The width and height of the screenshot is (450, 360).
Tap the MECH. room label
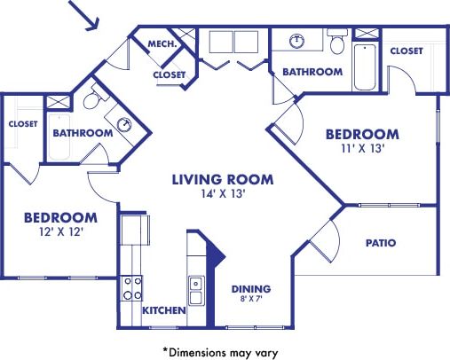coord(161,43)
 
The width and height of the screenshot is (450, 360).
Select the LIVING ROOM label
coord(222,179)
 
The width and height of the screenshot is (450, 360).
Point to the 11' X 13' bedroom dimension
coord(361,150)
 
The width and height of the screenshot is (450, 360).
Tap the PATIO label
coord(380,242)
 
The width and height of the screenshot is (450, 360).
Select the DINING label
coord(251,289)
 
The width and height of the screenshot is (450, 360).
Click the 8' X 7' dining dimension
coord(251,301)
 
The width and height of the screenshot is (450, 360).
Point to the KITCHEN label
coord(164,310)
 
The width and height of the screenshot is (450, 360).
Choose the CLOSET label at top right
coord(407,51)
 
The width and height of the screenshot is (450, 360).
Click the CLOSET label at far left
coord(22,124)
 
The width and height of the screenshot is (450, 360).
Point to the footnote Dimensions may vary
coord(221,350)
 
